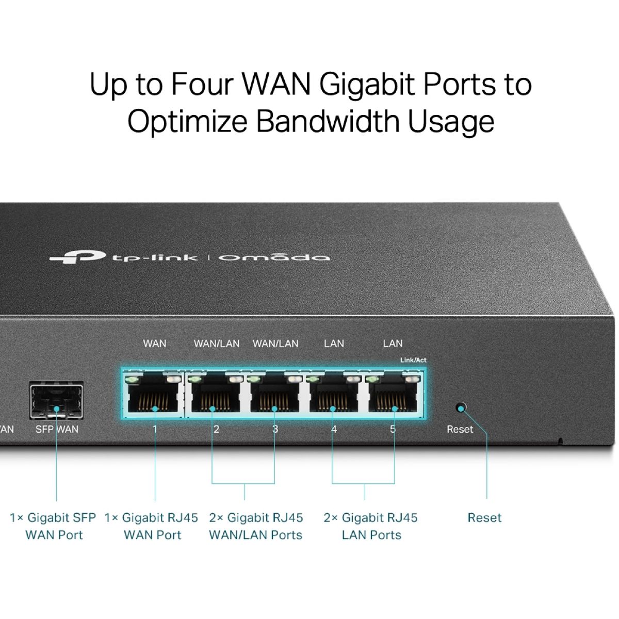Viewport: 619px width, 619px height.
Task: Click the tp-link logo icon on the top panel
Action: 77,256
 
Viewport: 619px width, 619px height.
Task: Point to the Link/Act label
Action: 413,360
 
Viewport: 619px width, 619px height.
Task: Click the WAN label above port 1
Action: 155,344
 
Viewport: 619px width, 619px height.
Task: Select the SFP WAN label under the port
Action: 57,429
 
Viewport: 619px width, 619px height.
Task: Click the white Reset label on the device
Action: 460,429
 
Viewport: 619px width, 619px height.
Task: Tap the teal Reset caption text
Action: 484,517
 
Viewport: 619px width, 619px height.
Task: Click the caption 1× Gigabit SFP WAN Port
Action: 53,526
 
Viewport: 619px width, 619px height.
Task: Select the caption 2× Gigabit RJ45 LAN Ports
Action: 371,526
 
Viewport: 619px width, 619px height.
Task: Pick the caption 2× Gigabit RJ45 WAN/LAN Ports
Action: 256,526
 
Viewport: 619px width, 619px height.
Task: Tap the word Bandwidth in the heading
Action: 328,122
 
